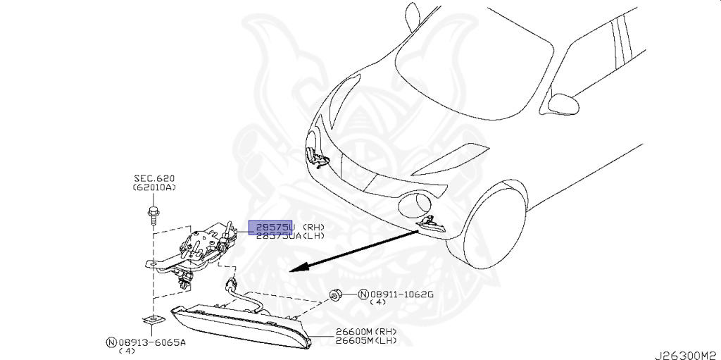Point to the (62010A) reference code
154,189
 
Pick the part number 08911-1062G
397,294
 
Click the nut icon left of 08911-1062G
337,293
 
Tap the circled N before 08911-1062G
363,294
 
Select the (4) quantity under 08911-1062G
377,303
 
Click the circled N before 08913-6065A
111,342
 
